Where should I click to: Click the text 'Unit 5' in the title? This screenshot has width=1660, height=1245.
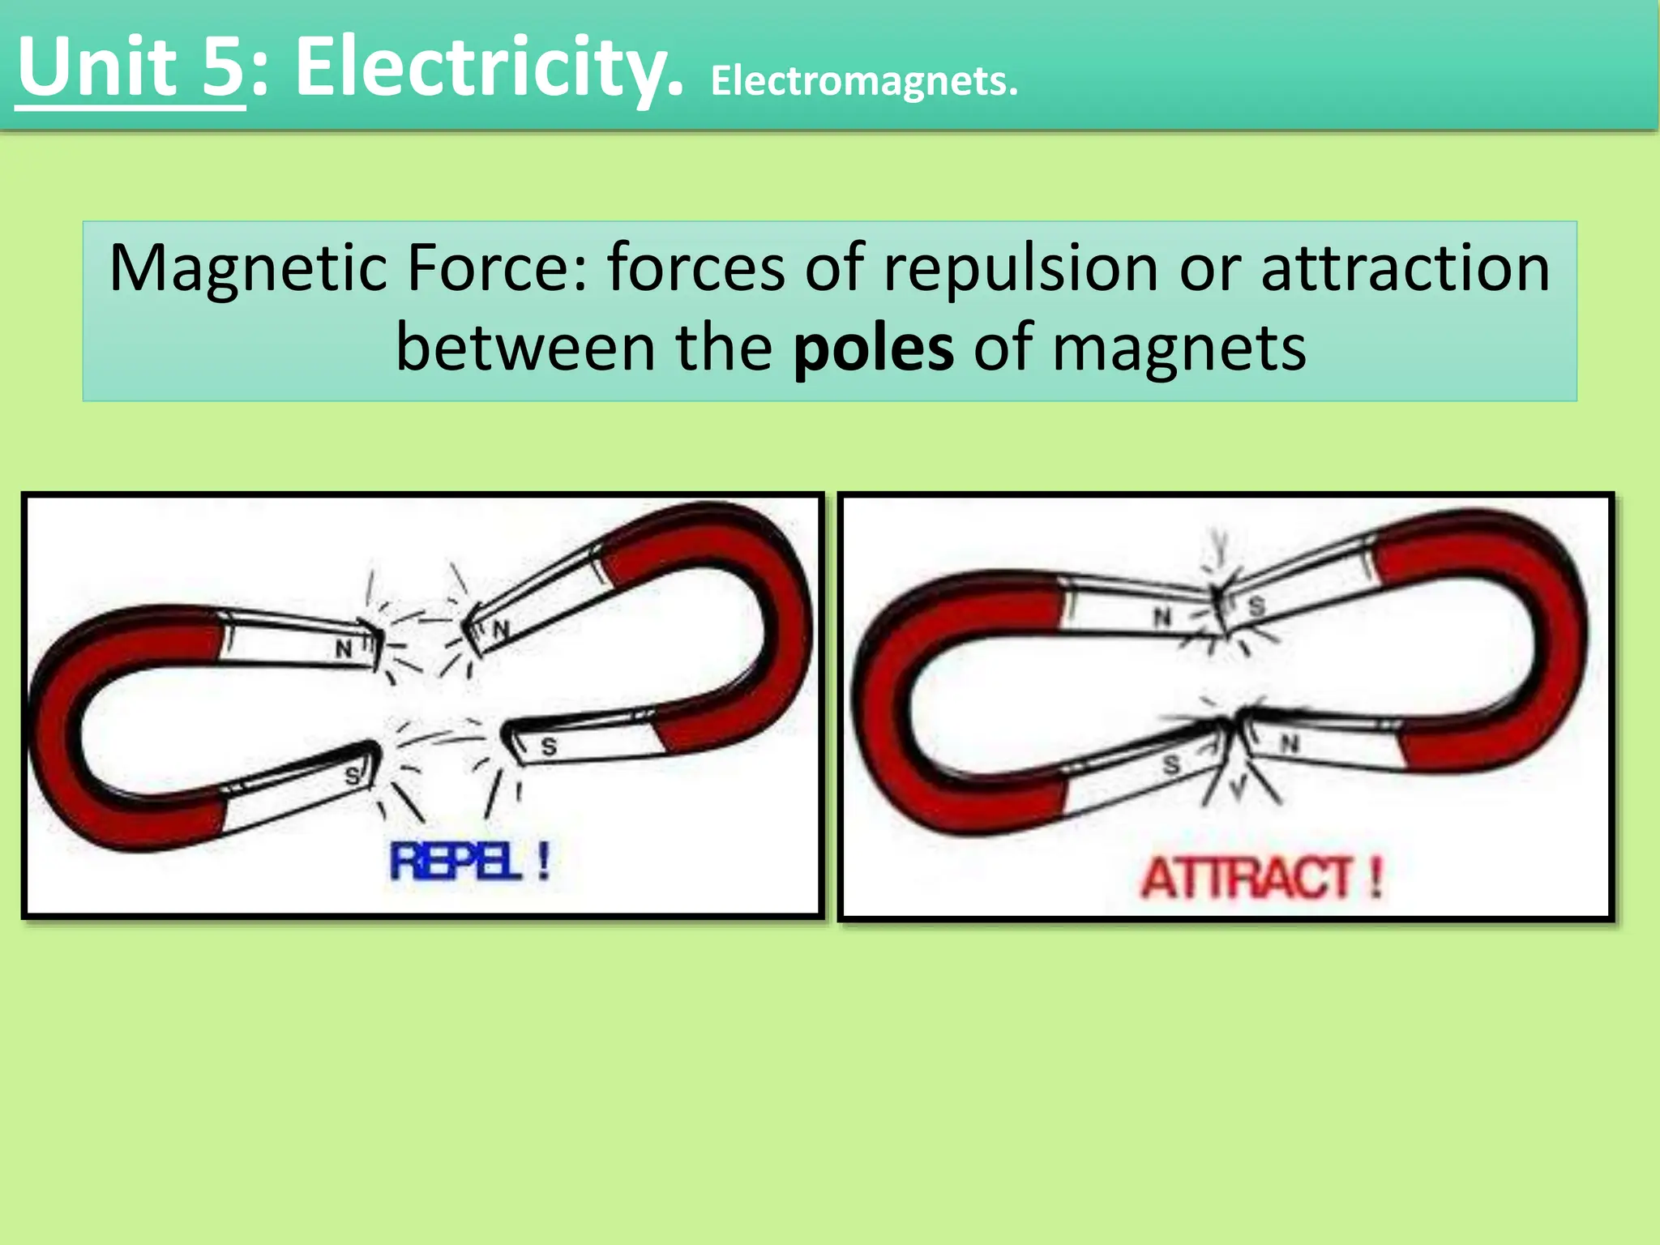130,68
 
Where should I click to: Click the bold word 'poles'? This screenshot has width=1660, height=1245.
873,348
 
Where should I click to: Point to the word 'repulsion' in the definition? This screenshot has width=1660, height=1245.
1021,268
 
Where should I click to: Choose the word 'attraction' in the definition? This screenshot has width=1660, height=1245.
1405,268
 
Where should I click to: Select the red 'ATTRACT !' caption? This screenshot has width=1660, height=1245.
1262,878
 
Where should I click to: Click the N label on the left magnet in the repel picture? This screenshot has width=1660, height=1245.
344,648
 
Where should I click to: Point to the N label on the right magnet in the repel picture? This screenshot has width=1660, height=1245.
502,629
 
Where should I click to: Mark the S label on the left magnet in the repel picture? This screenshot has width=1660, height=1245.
353,776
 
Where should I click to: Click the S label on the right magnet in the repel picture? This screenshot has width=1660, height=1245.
549,747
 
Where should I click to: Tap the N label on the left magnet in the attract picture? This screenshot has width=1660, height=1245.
1163,618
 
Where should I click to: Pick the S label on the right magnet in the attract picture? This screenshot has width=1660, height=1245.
1257,606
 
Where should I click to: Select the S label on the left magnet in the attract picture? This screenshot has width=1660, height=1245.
1171,764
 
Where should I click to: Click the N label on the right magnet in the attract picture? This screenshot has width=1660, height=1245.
1290,742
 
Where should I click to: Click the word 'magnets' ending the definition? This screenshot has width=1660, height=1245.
1179,348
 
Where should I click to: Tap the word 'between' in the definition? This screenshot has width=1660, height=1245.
525,348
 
